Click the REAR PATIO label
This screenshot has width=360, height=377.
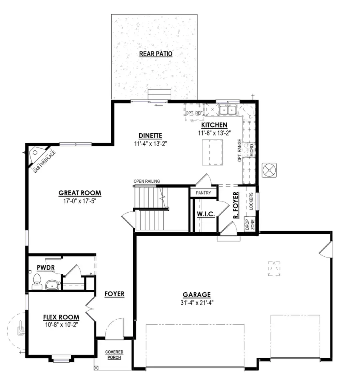pyautogui.click(x=156, y=54)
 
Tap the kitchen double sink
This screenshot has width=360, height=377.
pyautogui.click(x=228, y=110)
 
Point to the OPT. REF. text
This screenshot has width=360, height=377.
pyautogui.click(x=194, y=114)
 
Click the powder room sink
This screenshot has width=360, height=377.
pyautogui.click(x=52, y=285)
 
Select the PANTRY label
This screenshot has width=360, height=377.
pyautogui.click(x=204, y=193)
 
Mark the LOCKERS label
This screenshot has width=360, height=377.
pyautogui.click(x=251, y=201)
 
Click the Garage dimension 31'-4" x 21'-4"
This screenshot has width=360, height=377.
pyautogui.click(x=197, y=303)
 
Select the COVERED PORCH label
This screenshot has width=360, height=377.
pyautogui.click(x=114, y=355)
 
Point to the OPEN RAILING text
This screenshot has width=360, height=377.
pyautogui.click(x=147, y=182)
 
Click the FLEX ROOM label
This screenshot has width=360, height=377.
pyautogui.click(x=61, y=317)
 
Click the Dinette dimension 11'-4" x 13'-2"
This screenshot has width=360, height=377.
pyautogui.click(x=150, y=143)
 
